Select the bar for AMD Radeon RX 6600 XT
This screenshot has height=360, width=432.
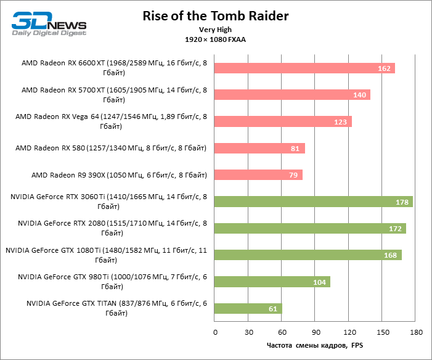coord(304,68)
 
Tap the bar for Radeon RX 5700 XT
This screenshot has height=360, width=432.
coord(292,94)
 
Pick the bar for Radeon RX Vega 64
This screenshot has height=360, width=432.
coord(283,121)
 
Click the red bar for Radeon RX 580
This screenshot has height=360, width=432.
coord(259,148)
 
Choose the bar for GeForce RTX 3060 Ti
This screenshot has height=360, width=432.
coord(313,202)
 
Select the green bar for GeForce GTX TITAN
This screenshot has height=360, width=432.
coord(248,308)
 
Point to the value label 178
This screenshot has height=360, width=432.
coord(402,202)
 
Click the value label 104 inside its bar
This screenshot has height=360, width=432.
coord(320,282)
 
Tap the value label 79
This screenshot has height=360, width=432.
coord(292,176)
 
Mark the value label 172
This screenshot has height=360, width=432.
coord(396,229)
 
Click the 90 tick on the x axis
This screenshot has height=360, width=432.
coord(315,332)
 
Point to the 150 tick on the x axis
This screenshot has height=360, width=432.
coord(382,332)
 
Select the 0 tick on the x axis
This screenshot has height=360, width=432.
coord(215,332)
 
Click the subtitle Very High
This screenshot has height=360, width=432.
coord(216,30)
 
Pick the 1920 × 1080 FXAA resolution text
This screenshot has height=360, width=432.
coord(216,39)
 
